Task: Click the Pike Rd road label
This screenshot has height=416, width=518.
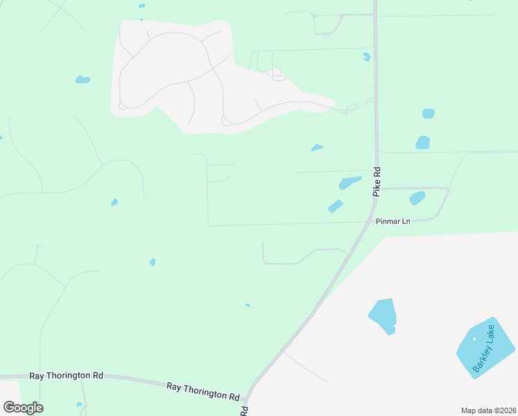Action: tap(377, 182)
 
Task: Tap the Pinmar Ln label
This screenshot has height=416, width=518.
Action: tap(393, 222)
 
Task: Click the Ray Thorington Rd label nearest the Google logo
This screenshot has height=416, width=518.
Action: tap(66, 375)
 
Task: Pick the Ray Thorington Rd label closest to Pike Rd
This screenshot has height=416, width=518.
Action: tap(203, 390)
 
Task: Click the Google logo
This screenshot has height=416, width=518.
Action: tap(23, 408)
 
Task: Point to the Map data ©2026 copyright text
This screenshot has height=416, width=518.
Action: tap(488, 410)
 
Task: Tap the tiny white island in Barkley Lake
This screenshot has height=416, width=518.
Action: tap(474, 339)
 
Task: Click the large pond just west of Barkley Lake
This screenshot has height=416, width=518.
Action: tap(382, 315)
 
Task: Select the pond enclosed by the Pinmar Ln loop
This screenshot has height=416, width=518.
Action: tap(417, 198)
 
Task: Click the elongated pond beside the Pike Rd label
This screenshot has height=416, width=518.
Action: tap(350, 183)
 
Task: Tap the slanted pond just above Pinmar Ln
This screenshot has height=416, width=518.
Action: tap(336, 207)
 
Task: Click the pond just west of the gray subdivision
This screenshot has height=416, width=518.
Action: tap(82, 80)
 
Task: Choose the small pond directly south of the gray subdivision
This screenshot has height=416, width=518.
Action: tap(317, 147)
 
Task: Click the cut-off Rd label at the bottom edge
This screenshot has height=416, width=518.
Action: tap(244, 411)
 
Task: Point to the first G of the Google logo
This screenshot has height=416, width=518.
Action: tap(9, 407)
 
